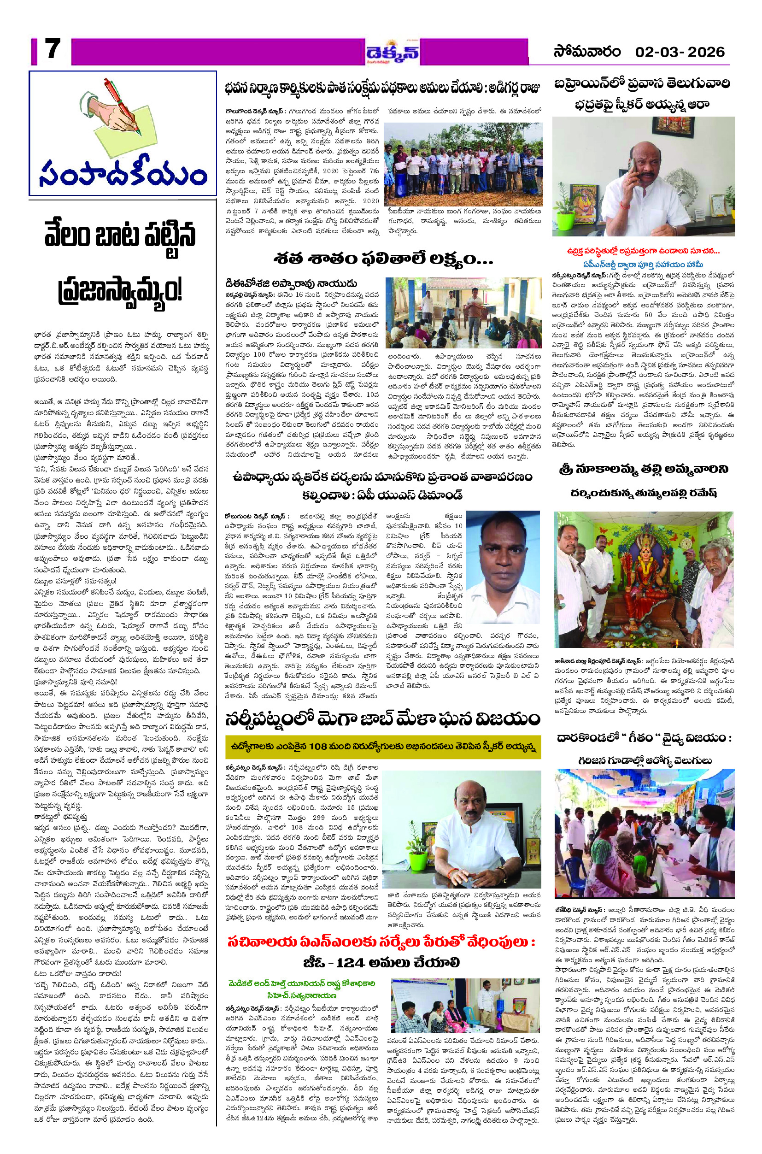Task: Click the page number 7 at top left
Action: [x=50, y=50]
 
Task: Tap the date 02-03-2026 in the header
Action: [x=680, y=52]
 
